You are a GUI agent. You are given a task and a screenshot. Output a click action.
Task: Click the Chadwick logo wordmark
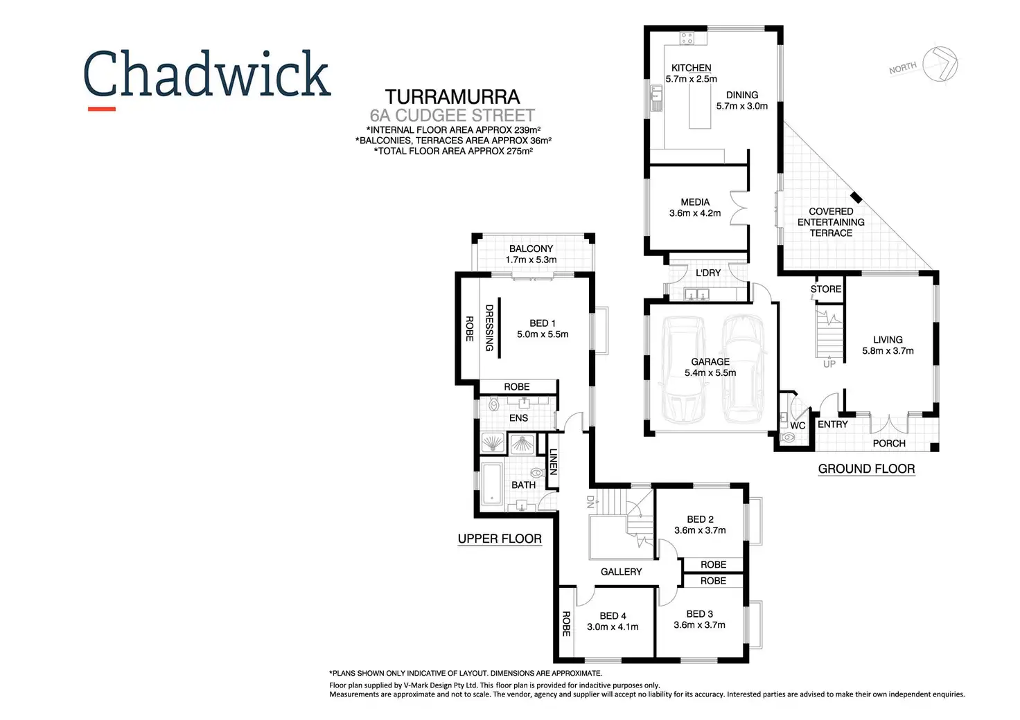coord(206,74)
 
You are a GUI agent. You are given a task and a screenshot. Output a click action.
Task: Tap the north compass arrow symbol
coord(940,64)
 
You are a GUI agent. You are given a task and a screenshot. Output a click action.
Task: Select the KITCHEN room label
coord(691,68)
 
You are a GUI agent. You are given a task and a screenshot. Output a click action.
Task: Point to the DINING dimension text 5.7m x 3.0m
coord(741,106)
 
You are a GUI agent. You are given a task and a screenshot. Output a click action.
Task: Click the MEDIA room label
coord(694,202)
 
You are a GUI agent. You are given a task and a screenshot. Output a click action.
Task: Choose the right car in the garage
coord(743,369)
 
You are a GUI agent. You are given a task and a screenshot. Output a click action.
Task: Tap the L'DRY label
coord(707,273)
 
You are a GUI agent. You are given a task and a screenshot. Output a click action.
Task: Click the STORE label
coord(825,289)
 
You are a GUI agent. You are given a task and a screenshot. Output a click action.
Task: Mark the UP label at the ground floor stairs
coord(829,363)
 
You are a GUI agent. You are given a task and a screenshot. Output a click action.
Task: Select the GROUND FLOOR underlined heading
coord(866,469)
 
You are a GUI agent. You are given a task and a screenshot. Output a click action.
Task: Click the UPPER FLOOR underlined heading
coord(500,539)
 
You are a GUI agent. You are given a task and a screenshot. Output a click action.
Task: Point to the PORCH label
coord(888,443)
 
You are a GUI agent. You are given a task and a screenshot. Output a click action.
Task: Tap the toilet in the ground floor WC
coord(787,438)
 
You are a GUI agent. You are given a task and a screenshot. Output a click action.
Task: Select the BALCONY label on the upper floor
coord(531,249)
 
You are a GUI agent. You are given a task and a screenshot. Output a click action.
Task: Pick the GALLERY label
coord(621,572)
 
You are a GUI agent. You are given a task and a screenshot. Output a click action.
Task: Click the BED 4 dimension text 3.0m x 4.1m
coord(613,627)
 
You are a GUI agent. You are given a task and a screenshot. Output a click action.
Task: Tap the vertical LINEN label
coord(553,461)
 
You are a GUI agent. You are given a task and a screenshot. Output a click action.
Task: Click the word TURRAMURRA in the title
coord(452,97)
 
